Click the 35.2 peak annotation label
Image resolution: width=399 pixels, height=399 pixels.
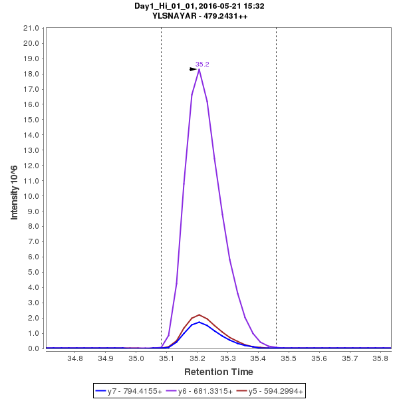pyautogui.click(x=202, y=65)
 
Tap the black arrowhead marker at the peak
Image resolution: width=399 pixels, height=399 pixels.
pyautogui.click(x=193, y=69)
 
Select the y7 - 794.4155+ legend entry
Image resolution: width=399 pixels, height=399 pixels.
pyautogui.click(x=134, y=391)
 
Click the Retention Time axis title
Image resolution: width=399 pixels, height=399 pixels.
pyautogui.click(x=218, y=372)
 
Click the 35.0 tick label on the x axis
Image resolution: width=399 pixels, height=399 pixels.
pyautogui.click(x=136, y=358)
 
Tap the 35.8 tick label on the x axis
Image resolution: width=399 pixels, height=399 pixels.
pyautogui.click(x=380, y=358)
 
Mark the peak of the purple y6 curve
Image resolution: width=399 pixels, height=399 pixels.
pyautogui.click(x=199, y=69)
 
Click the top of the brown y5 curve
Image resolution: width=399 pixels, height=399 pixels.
pyautogui.click(x=199, y=315)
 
